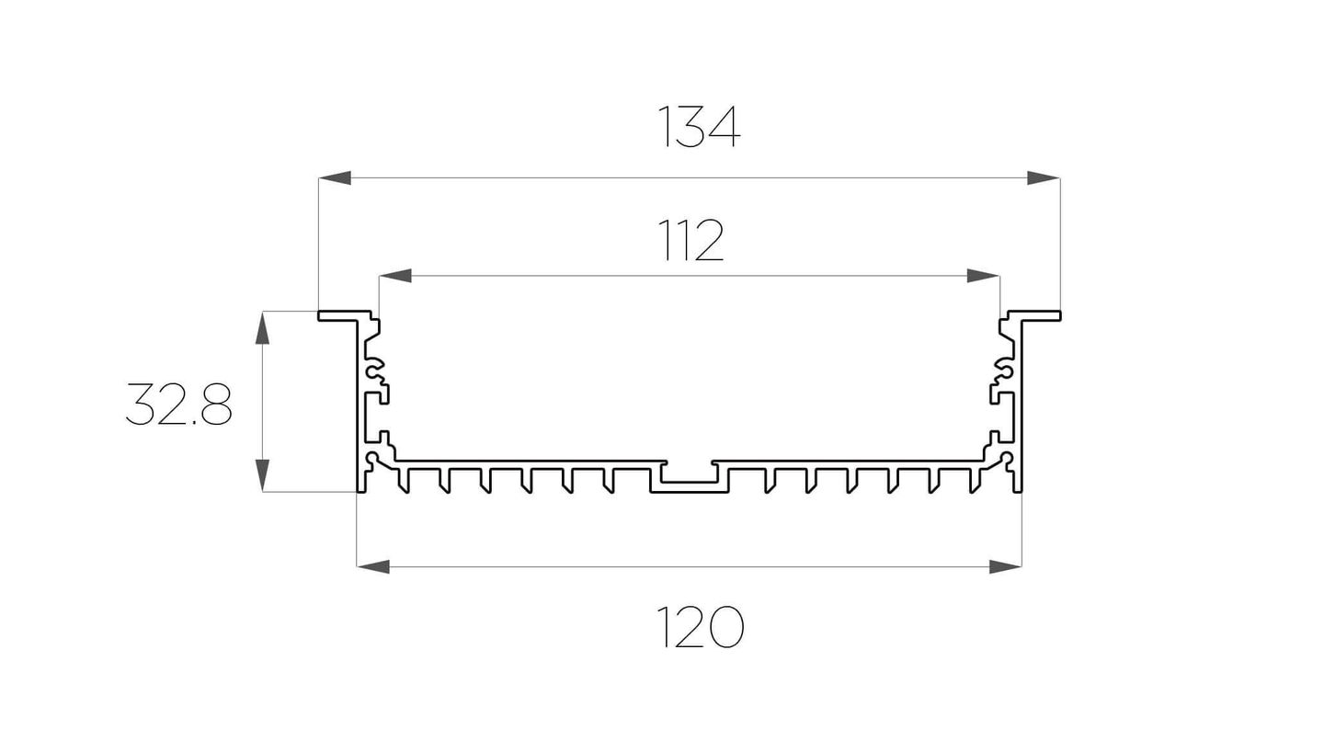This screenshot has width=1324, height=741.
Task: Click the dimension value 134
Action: [x=699, y=127]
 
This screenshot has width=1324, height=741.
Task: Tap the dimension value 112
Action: [x=691, y=240]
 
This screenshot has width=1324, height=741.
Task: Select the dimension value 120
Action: [x=700, y=626]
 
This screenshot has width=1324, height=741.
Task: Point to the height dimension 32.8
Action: [x=178, y=405]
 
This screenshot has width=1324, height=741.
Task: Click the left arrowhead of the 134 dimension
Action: [x=335, y=177]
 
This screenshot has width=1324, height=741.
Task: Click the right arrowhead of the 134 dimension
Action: [x=1044, y=177]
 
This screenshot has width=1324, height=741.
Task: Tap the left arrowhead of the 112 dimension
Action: [x=395, y=276]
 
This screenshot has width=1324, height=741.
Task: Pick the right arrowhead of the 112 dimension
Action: [x=984, y=276]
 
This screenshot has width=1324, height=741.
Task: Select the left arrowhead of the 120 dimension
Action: [x=373, y=566]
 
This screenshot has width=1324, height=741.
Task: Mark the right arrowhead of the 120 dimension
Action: [x=1006, y=566]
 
